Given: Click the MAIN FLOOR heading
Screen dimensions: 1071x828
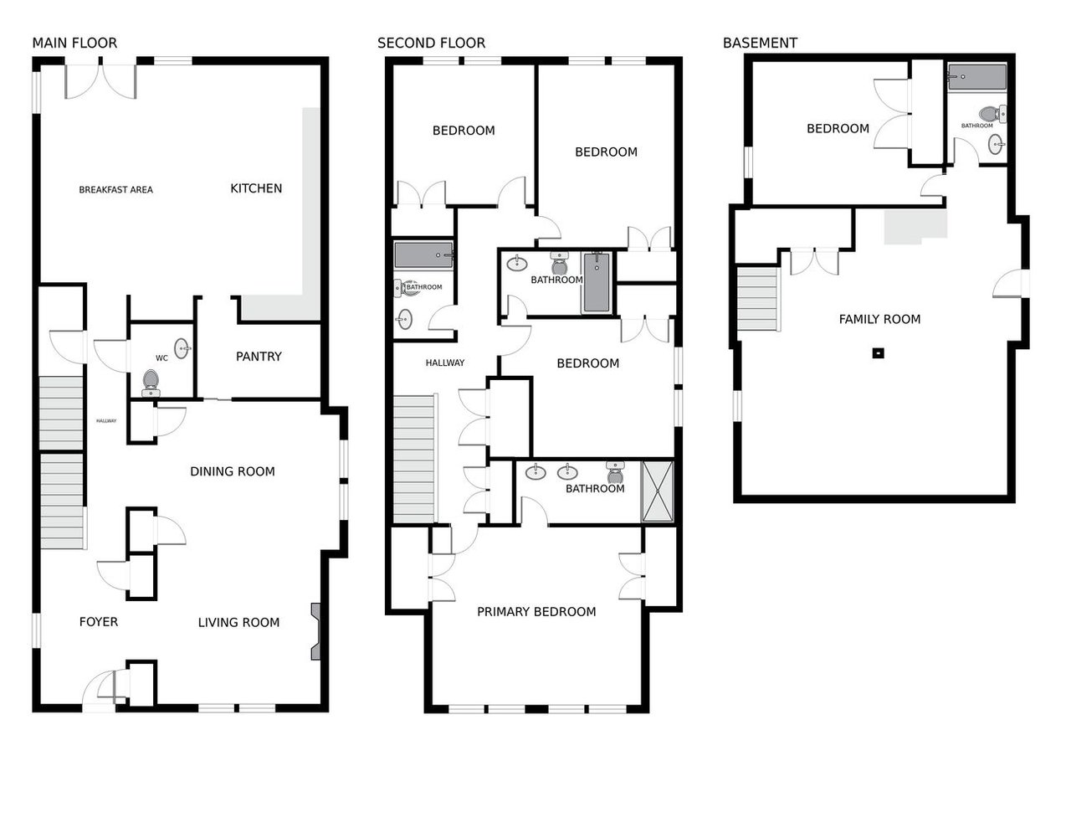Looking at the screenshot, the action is coord(74,43).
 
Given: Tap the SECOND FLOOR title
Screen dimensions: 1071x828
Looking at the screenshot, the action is coord(431,43).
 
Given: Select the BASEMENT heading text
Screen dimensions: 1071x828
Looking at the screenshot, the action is coord(760,43).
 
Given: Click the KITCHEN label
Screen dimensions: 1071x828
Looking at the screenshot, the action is coord(256,188).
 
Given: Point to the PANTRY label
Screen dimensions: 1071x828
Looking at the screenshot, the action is coord(259,356).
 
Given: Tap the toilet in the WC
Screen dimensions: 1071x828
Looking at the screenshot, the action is coord(151,383).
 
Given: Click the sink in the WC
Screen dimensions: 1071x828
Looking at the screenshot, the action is coord(182,348).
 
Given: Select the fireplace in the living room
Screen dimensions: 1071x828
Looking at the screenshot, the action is coord(315,632).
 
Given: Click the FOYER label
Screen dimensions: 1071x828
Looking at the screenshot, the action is coord(99,622).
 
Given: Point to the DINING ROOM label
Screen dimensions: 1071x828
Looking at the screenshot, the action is coord(233,471).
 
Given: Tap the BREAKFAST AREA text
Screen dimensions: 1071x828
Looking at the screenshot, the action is coord(115,189).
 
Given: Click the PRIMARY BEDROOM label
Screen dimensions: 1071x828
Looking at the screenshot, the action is coord(536,611).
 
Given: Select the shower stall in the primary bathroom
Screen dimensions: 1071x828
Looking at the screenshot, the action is coord(658,491).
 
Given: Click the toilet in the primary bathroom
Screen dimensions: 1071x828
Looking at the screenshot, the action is coord(615,472).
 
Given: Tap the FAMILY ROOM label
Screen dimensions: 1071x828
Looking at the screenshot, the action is coord(879,319).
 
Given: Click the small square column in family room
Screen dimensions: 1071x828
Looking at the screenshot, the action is coord(878,353).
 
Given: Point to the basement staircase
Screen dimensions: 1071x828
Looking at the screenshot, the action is coord(758,299).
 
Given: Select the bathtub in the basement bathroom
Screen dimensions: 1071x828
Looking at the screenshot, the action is coord(977,77).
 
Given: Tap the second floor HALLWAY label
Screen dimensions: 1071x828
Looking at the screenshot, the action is coord(445,363).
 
